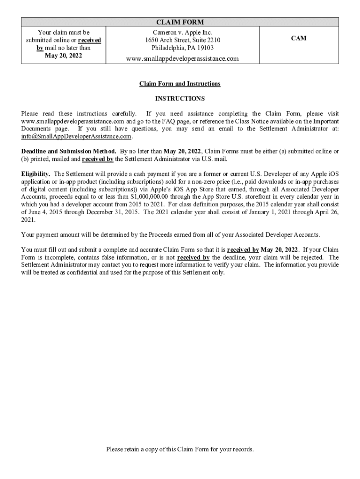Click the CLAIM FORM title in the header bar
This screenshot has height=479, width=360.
(180, 22)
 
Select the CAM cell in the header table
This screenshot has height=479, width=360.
(299, 38)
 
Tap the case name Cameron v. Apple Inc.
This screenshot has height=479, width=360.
(182, 32)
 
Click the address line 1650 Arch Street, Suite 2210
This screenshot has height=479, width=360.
(182, 40)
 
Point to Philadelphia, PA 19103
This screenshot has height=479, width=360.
(182, 48)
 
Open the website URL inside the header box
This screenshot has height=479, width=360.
(182, 58)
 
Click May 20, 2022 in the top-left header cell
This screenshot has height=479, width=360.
(64, 56)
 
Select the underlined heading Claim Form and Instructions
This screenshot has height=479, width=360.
(180, 84)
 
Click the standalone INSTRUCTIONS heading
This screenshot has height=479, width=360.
(180, 99)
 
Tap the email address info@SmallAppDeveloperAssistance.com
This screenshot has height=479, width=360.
(76, 137)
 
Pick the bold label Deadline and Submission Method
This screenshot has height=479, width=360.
(69, 151)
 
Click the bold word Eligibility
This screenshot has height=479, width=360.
(36, 174)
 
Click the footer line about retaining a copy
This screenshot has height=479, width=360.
(180, 449)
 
